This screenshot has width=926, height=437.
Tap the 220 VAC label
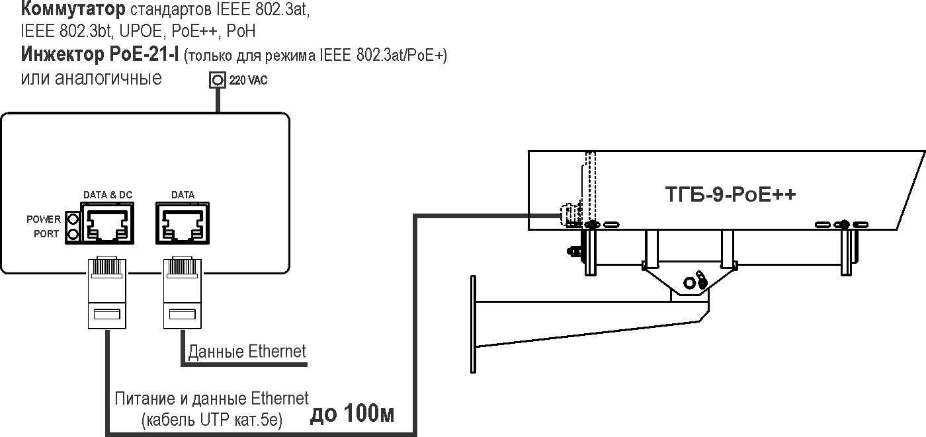(x=249, y=81)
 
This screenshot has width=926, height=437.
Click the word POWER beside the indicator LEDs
(x=43, y=219)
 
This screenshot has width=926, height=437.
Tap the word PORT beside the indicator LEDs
(x=46, y=234)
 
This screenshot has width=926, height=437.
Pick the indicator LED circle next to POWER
(x=73, y=219)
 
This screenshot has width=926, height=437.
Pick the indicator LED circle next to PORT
(x=73, y=234)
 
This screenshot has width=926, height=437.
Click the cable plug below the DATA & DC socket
(x=106, y=291)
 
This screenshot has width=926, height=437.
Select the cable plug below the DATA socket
(x=182, y=291)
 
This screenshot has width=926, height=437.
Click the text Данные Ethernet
(x=247, y=351)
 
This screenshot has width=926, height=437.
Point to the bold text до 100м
(x=353, y=415)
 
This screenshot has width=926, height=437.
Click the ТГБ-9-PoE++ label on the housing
(x=730, y=196)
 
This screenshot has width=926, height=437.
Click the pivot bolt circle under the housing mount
(x=690, y=282)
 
